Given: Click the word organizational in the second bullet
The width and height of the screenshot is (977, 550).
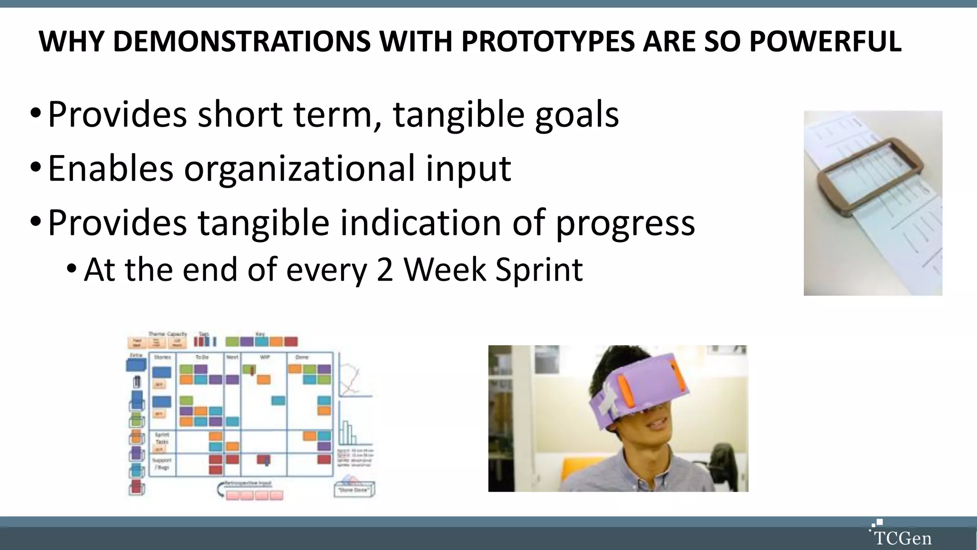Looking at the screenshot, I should click(x=300, y=169).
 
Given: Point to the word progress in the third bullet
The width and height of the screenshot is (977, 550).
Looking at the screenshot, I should click(x=625, y=223).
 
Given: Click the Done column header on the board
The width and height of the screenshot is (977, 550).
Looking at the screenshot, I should click(x=302, y=357).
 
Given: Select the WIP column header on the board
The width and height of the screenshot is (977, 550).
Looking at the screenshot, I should click(x=265, y=357).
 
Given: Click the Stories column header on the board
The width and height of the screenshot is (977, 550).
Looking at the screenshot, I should click(x=162, y=357).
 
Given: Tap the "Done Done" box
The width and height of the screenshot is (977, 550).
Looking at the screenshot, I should click(x=353, y=489).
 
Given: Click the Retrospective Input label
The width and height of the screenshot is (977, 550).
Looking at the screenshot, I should click(x=248, y=483).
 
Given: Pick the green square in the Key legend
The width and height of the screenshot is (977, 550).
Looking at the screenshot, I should click(x=232, y=342).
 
